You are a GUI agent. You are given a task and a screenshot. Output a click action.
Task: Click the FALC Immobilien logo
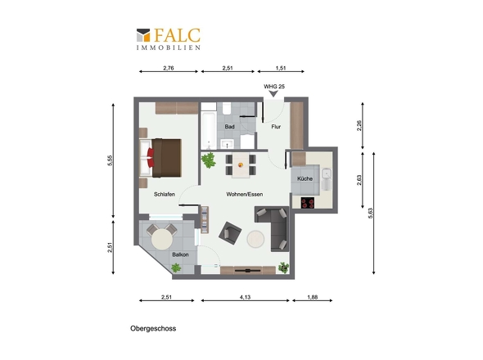(x=169, y=39)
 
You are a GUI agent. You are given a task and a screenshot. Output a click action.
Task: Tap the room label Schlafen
(x=165, y=195)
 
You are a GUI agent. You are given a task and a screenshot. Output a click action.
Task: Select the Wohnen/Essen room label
(x=245, y=195)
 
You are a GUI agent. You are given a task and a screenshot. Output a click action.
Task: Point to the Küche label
(x=305, y=178)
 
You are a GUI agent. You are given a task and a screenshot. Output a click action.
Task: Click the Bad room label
(x=229, y=127)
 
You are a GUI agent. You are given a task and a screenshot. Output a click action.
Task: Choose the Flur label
(x=276, y=127)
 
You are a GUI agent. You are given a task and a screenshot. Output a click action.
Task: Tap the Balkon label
(x=180, y=254)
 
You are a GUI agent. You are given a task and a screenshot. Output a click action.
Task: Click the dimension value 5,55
(x=110, y=160)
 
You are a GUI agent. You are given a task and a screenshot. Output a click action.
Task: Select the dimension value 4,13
(x=246, y=297)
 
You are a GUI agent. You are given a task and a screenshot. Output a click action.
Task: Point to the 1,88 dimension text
(x=313, y=297)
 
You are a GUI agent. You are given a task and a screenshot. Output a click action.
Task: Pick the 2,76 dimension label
(x=169, y=68)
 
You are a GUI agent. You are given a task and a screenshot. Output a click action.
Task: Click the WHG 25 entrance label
(x=274, y=87)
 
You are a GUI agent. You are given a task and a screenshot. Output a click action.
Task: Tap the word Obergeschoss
(x=153, y=329)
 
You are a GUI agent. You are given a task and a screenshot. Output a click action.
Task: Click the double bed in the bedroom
(x=160, y=158)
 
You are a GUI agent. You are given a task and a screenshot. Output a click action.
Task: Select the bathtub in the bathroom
(x=209, y=131)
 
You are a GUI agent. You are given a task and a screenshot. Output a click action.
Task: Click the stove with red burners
(x=308, y=203)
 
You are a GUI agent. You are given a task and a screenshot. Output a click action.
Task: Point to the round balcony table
(x=162, y=240)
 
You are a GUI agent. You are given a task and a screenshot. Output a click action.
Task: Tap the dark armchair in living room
(x=230, y=233)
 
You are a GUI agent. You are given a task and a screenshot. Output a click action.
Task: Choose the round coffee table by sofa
(x=255, y=239)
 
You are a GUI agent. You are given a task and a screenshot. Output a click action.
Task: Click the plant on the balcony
(x=176, y=268)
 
